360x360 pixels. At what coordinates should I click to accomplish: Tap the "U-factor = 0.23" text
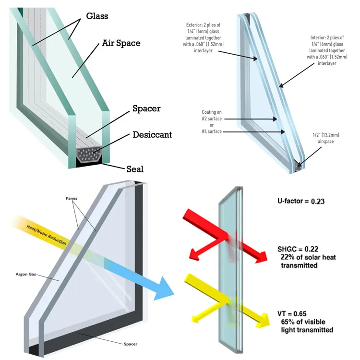[300, 201]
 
